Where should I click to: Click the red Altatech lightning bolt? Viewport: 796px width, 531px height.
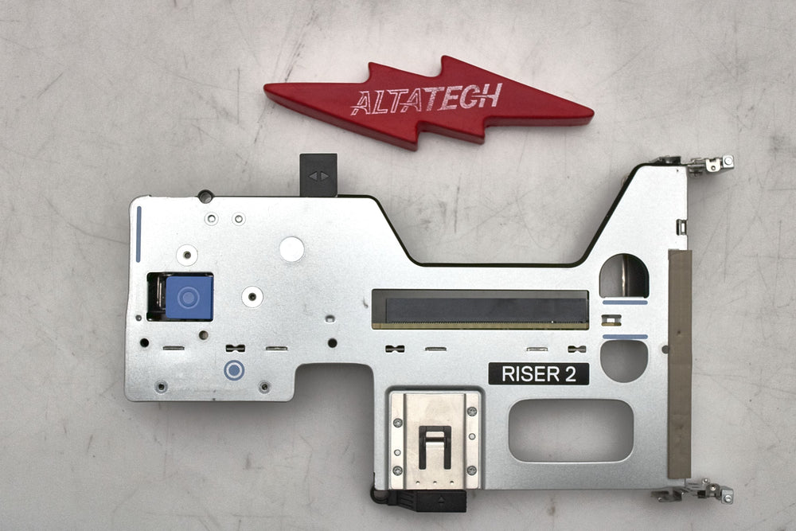pos(428,103)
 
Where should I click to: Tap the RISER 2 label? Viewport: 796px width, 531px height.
pos(539,374)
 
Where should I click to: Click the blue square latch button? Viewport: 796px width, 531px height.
pos(189,298)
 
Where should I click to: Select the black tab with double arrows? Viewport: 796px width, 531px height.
pos(318,175)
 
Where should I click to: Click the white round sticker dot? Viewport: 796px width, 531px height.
pos(292,249)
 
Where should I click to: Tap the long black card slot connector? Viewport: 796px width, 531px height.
pos(480,310)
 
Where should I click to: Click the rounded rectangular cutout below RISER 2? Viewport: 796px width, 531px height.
pos(571,431)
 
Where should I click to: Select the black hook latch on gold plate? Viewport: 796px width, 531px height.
pos(435,447)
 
